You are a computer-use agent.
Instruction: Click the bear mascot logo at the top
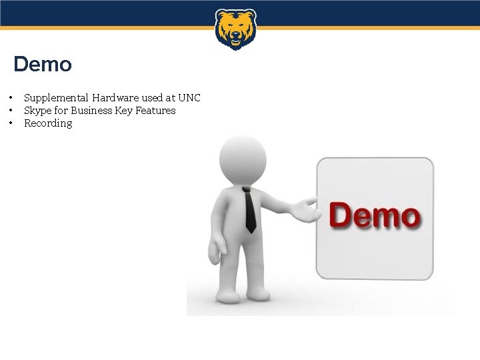tap(235, 29)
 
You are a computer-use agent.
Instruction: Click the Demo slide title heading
tap(43, 65)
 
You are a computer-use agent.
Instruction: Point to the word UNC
tap(189, 98)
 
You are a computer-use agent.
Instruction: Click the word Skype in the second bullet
tap(37, 111)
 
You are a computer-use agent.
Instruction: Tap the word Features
tap(155, 111)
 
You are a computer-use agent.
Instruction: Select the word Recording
tap(48, 123)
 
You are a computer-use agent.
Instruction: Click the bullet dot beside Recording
tap(11, 123)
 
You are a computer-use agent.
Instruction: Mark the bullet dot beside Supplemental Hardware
tap(11, 98)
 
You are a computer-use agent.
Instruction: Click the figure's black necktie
tap(249, 210)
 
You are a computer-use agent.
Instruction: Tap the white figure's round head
tap(243, 160)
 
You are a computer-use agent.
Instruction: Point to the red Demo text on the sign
tap(375, 216)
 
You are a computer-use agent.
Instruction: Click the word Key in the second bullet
tap(123, 111)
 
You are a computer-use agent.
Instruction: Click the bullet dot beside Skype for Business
tap(11, 111)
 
